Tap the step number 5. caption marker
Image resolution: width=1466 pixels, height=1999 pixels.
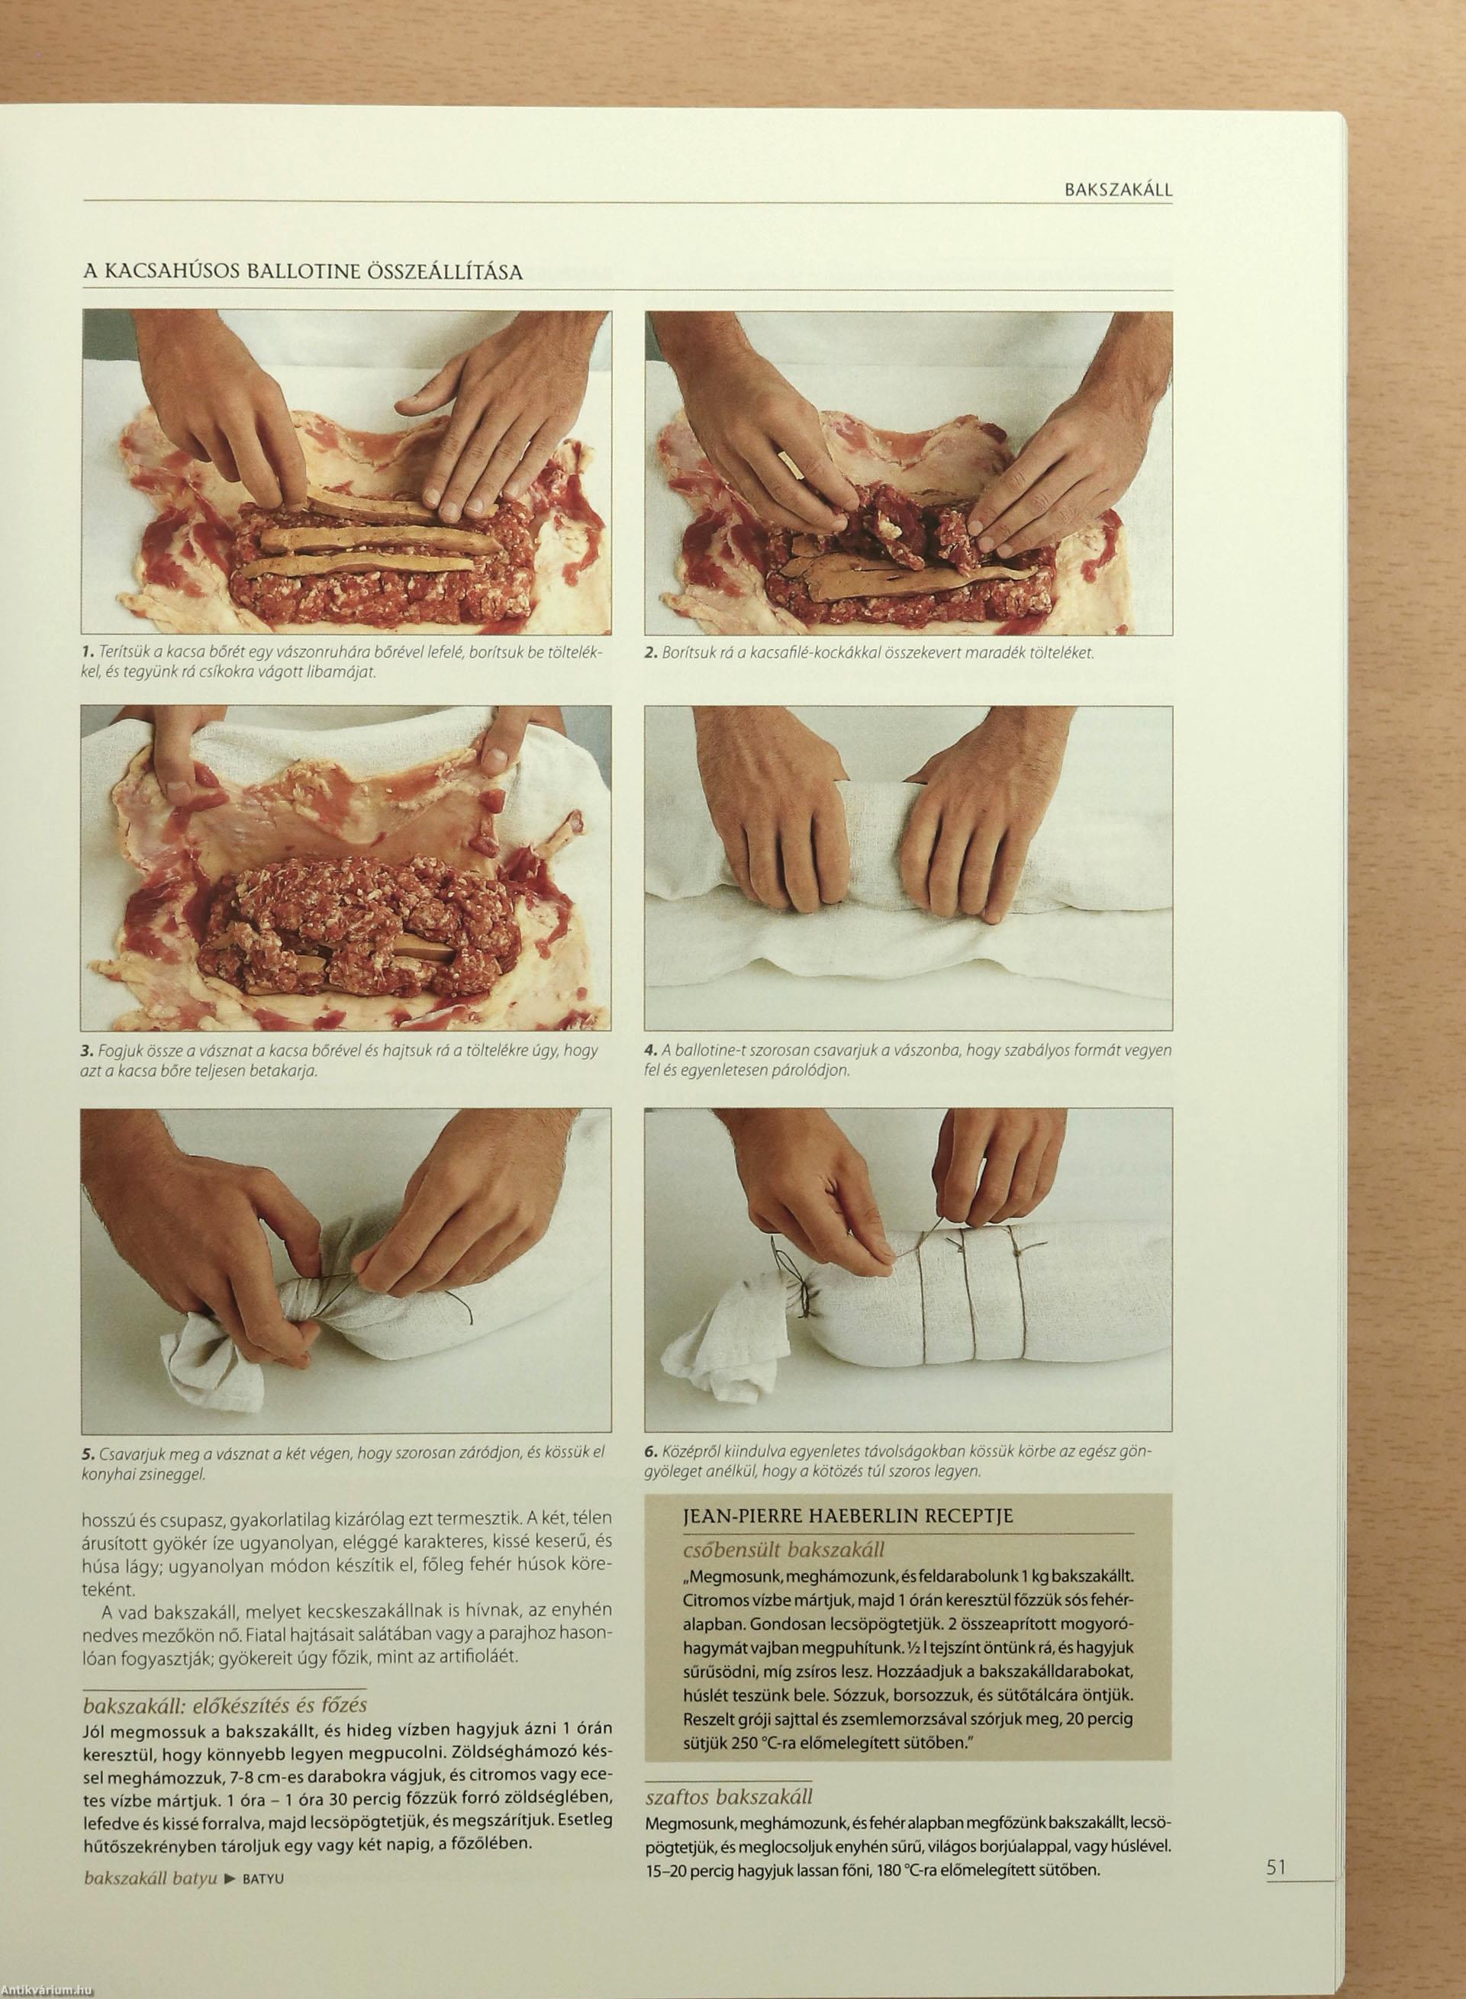click(87, 1451)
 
